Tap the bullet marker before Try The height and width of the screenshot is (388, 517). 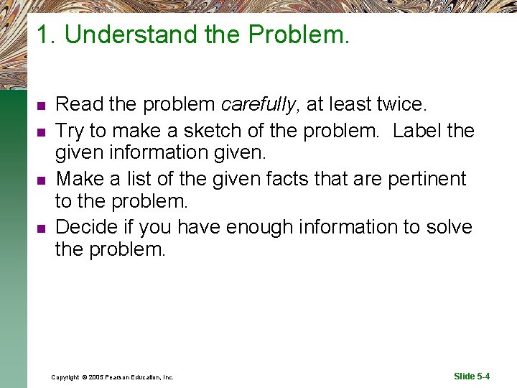point(42,131)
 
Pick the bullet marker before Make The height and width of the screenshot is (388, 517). point(42,180)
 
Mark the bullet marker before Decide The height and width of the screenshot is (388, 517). point(42,228)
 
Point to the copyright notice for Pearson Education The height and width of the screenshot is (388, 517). point(112,377)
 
